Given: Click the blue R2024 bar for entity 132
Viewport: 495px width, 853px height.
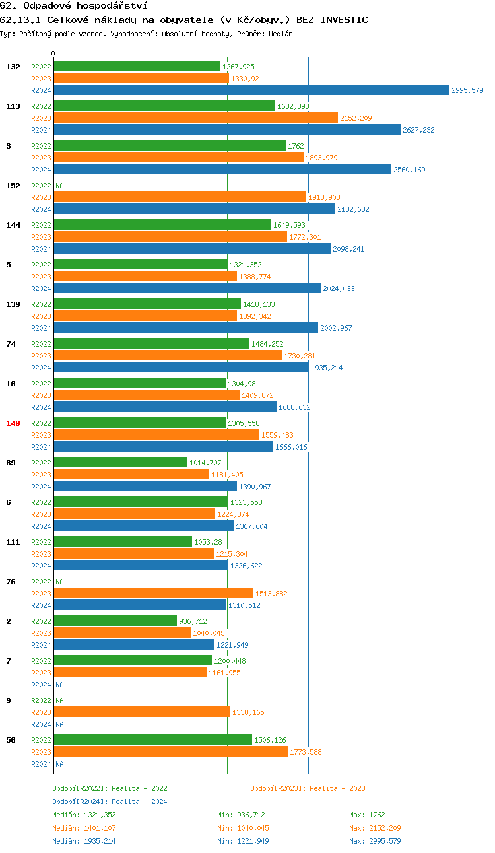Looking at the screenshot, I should tap(251, 90).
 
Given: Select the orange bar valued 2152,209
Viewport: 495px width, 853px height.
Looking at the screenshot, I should tap(195, 118).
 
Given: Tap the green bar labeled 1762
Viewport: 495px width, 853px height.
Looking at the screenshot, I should tap(169, 146).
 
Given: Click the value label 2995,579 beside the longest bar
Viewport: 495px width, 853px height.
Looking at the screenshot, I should tap(467, 90).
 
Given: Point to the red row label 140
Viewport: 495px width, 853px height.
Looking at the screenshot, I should tap(13, 423).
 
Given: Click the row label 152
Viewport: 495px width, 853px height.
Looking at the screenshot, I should tap(13, 186).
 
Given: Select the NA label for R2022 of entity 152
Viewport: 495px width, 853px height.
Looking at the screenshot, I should tap(59, 186).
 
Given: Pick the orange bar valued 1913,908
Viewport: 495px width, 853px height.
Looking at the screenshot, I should tap(180, 197).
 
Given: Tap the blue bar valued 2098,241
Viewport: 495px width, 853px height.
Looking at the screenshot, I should tap(191, 249).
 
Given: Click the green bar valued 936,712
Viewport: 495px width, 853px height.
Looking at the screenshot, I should tap(115, 621).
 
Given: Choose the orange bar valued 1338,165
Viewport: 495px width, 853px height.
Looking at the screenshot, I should tap(141, 712).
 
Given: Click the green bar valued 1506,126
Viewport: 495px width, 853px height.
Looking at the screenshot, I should tap(152, 740).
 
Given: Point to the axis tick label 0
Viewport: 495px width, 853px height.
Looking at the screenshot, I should tap(53, 53).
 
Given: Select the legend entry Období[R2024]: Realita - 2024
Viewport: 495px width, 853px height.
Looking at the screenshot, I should tap(110, 802).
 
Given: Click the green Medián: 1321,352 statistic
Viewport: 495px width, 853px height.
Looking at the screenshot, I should tap(84, 815).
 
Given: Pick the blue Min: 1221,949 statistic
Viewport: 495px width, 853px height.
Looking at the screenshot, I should tap(243, 841).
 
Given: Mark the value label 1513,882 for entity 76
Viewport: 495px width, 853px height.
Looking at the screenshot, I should tap(271, 594).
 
